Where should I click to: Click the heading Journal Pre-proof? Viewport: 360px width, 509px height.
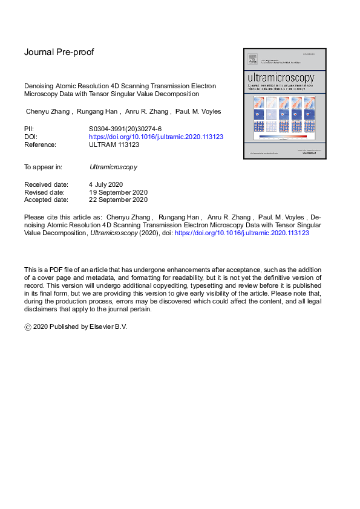click(59, 52)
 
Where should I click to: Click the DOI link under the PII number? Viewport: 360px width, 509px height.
click(156, 137)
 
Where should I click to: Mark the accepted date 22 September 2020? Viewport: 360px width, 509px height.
click(118, 199)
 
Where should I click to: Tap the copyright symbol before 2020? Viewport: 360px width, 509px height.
click(28, 326)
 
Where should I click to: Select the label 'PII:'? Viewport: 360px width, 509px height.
click(29, 129)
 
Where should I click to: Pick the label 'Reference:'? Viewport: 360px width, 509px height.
click(40, 144)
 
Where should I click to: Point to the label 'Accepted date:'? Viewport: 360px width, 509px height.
click(46, 199)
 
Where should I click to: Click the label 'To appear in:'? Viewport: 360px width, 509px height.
click(43, 166)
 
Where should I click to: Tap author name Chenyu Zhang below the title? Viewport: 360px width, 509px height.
click(49, 111)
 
